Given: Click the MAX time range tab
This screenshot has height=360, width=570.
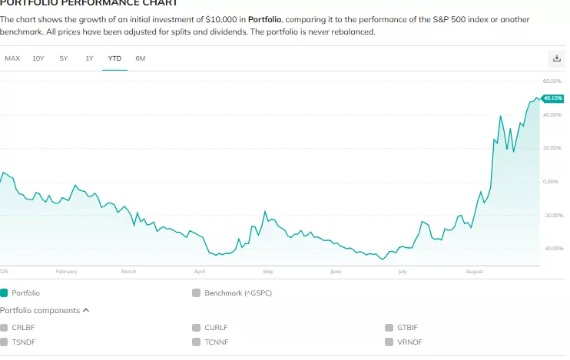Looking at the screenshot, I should tap(12, 58).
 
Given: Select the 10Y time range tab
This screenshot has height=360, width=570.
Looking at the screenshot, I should tap(38, 58).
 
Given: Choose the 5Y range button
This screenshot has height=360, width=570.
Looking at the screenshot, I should tap(64, 58).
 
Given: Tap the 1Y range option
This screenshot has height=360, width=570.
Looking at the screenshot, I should tap(89, 58).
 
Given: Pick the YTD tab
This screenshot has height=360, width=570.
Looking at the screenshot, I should tap(114, 58).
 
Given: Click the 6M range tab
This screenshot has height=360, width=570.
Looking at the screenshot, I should tap(140, 58).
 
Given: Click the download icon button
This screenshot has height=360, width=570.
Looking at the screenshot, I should tap(557, 58).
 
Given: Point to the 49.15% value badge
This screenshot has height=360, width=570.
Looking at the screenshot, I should tap(552, 98).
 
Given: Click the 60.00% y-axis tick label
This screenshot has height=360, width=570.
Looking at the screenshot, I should tap(552, 81).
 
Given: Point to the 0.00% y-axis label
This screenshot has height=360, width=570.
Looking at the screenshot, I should tap(552, 181).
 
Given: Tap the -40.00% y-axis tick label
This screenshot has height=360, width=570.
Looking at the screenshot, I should tap(552, 248).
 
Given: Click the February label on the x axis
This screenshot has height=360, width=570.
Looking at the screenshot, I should tap(67, 272).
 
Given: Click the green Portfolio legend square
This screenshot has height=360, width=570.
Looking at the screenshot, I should tap(4, 292).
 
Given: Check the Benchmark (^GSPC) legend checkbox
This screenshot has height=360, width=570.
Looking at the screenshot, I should tap(196, 292).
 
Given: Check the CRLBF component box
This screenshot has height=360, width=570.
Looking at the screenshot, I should tap(4, 328).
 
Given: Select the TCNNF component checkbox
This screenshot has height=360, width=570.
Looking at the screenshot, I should tap(196, 341).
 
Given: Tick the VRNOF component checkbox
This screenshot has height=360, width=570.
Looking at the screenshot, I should tap(389, 341).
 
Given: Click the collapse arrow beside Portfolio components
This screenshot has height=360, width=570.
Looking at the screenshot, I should tap(86, 310).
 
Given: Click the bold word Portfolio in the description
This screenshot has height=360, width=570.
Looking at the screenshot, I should tap(264, 18).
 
